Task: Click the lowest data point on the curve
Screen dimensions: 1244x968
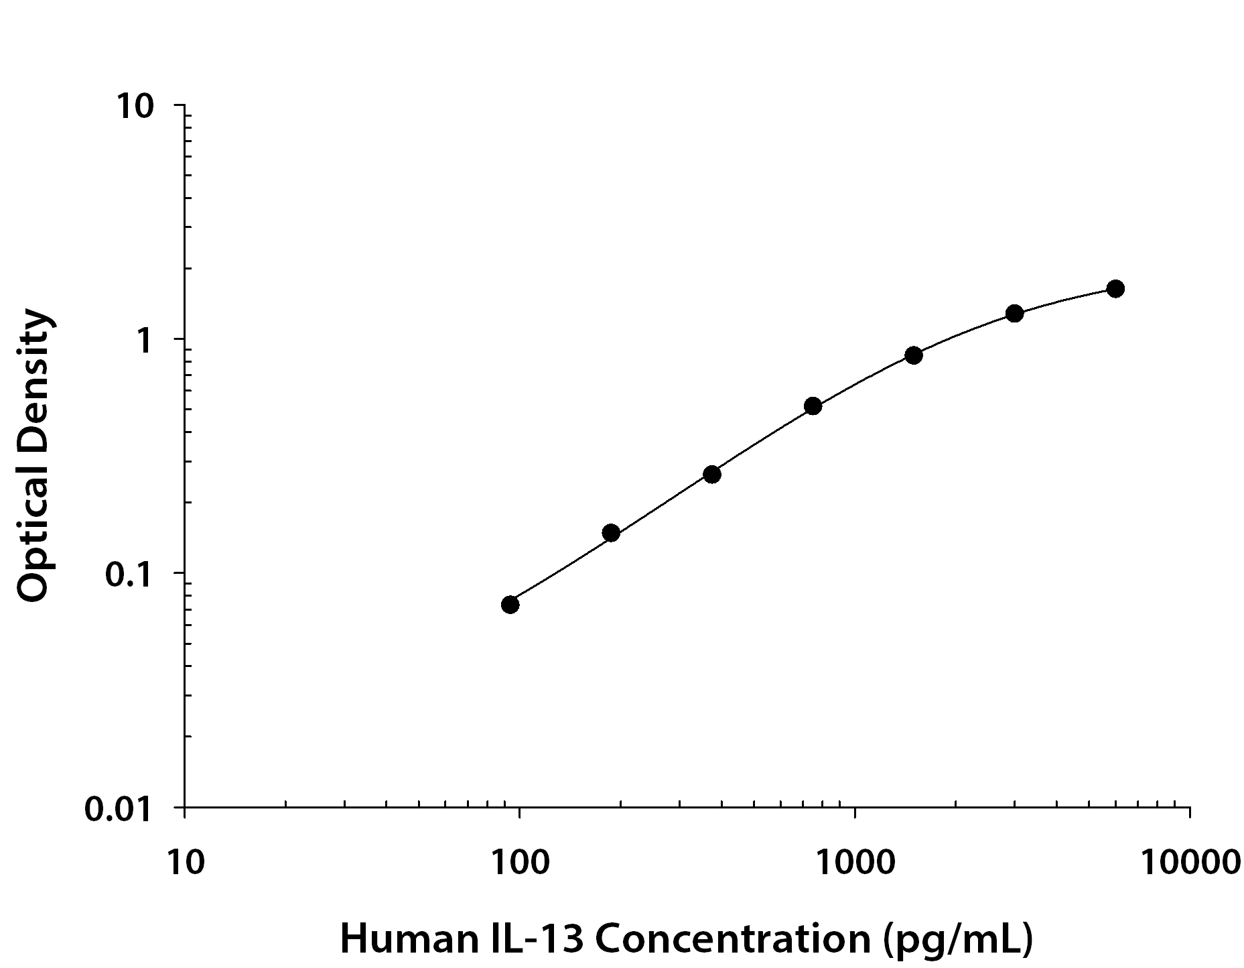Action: click(510, 605)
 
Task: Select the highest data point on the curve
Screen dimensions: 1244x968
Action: click(1115, 289)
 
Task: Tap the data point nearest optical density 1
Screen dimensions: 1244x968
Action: click(914, 355)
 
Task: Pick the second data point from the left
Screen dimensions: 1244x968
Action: click(611, 534)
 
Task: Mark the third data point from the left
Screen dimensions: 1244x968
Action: click(712, 475)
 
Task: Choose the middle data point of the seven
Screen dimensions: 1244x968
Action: click(813, 406)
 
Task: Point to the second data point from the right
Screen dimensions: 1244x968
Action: click(1015, 313)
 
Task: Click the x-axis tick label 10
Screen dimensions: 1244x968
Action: click(184, 863)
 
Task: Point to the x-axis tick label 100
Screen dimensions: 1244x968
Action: click(519, 863)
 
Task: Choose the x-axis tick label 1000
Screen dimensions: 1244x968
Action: click(855, 863)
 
